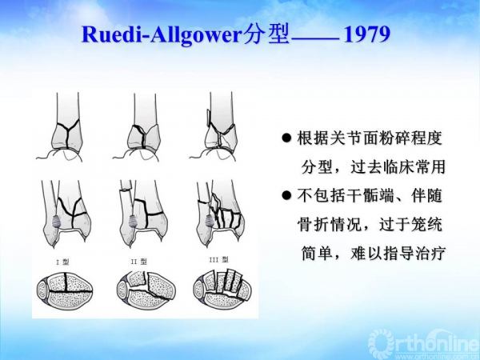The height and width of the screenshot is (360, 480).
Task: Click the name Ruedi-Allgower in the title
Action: point(160,36)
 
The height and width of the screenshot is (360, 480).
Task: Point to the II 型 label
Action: point(138,262)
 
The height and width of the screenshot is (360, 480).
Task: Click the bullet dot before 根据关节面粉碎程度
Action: point(285,138)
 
